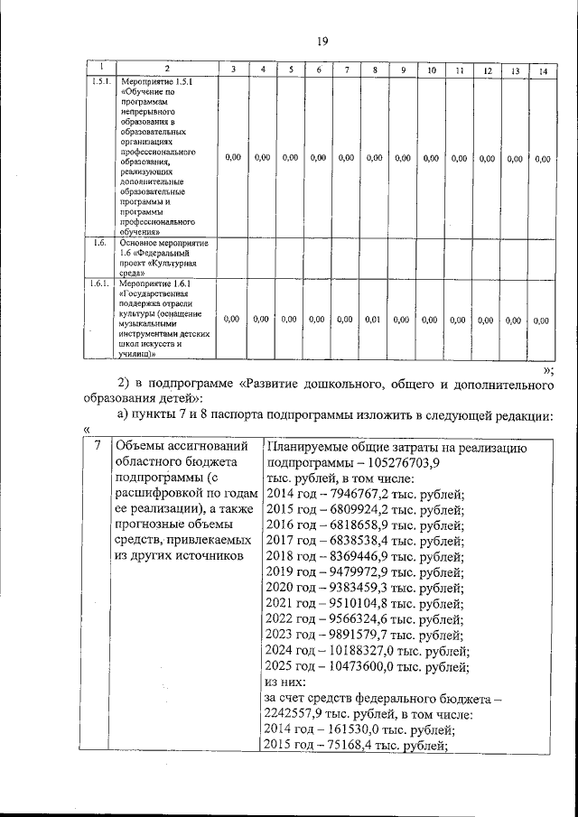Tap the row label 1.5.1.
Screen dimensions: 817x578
(100, 81)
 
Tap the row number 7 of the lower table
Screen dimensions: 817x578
(97, 447)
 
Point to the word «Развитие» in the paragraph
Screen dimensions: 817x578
(283, 386)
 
